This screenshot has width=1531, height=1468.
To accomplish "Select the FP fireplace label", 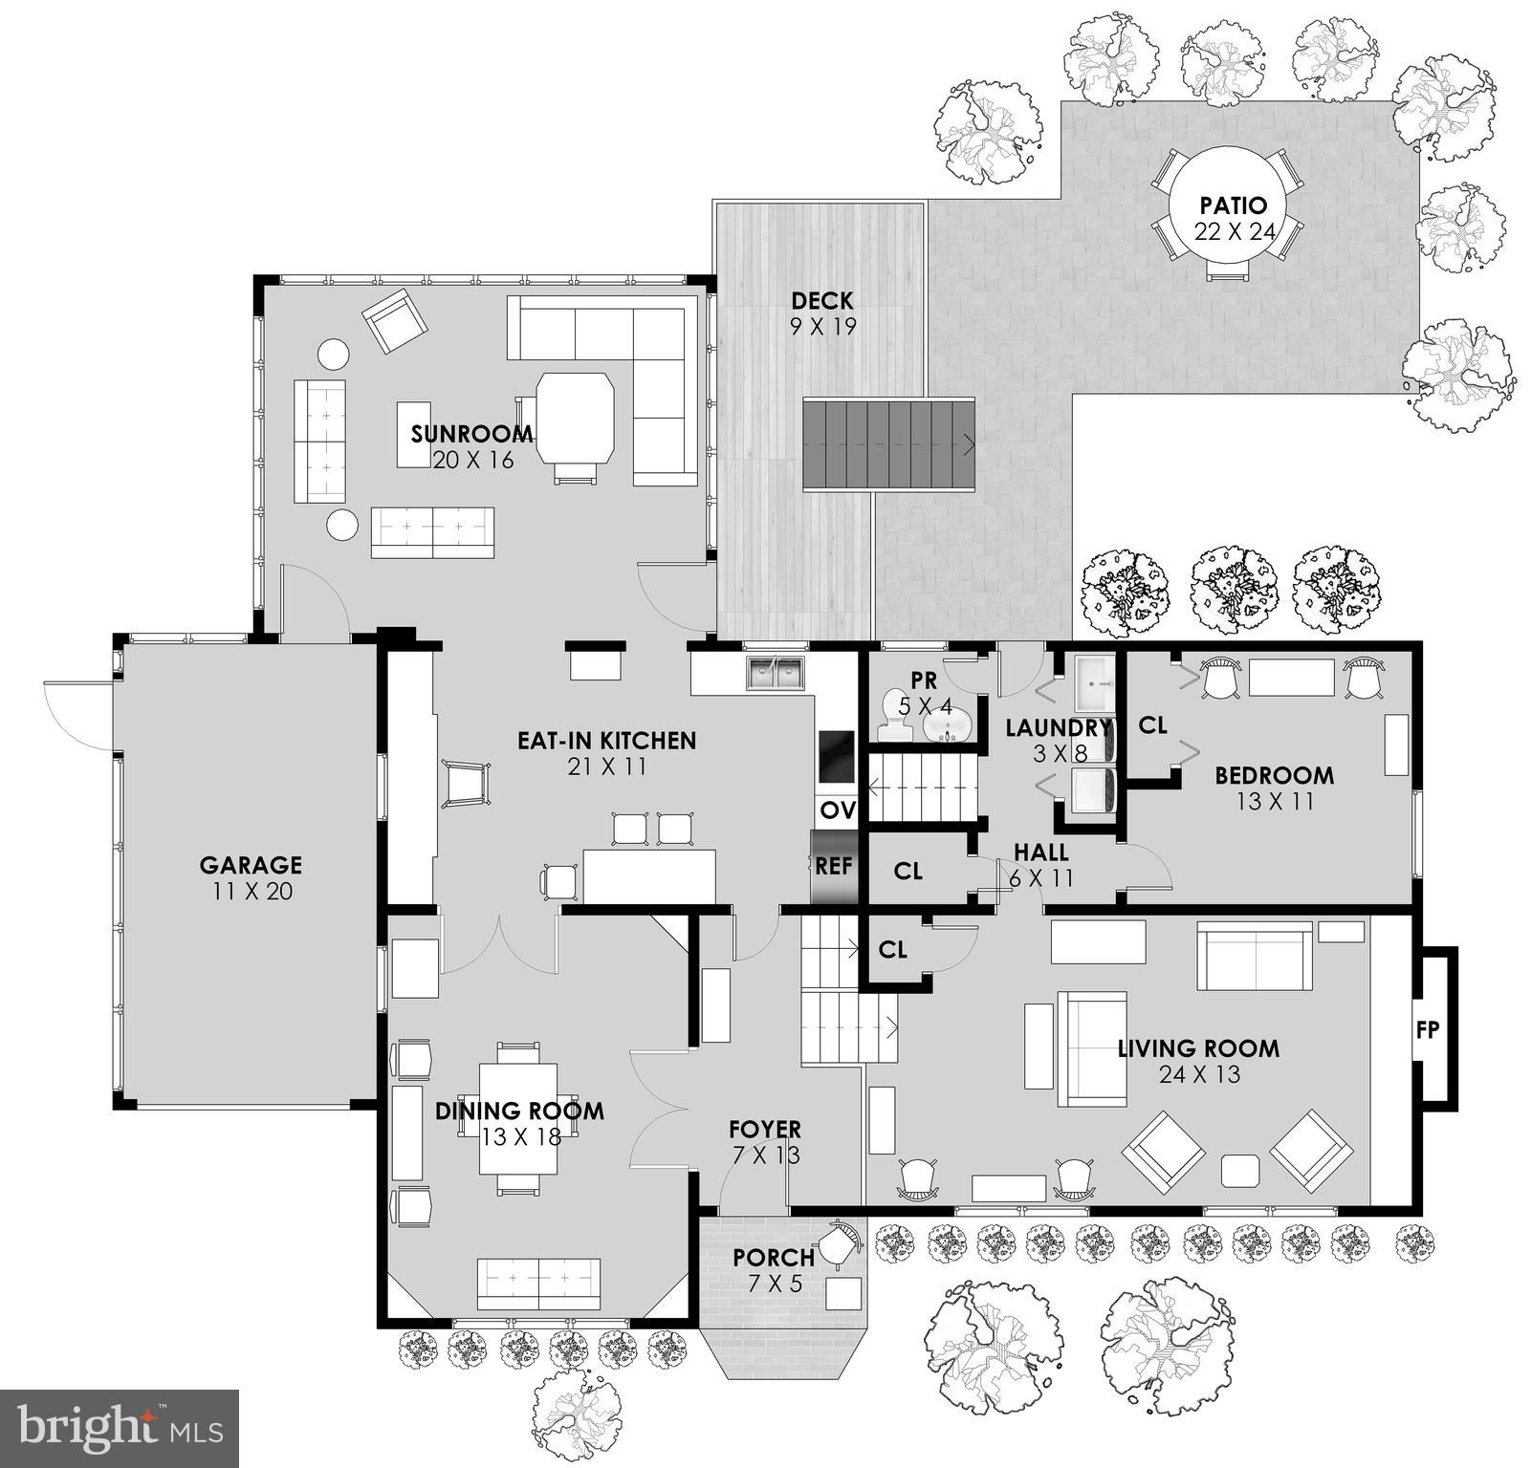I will tap(1428, 1029).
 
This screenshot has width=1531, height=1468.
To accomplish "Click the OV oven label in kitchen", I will tap(837, 810).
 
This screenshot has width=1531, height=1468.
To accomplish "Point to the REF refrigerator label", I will tap(833, 866).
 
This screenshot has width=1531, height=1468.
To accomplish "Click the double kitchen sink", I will tap(776, 673).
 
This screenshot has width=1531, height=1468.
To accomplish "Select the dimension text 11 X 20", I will tap(251, 892).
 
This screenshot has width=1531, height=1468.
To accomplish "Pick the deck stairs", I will tap(887, 445).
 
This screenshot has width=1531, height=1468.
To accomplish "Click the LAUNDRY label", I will tap(1058, 728).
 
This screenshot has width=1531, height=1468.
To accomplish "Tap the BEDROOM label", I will tap(1274, 775).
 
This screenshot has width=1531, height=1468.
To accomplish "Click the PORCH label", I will tap(774, 1258).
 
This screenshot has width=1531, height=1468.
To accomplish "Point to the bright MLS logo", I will tap(120, 1428).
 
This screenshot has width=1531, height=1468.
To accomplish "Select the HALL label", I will tap(1040, 852).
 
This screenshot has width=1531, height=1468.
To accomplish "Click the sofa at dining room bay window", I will tap(538, 1283).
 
